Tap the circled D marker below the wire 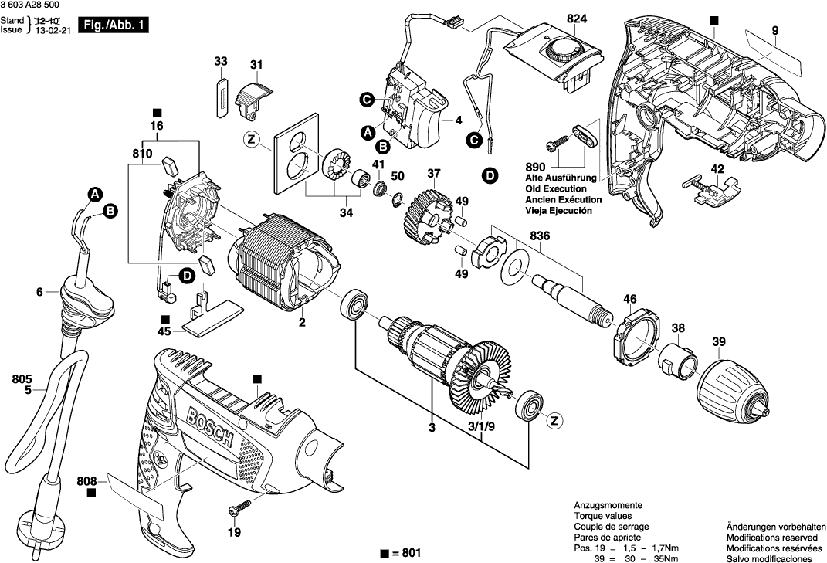pyautogui.click(x=490, y=175)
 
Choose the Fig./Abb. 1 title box pyautogui.click(x=114, y=26)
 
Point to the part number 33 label pyautogui.click(x=221, y=61)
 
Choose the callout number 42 pyautogui.click(x=717, y=168)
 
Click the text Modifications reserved pyautogui.click(x=771, y=537)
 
